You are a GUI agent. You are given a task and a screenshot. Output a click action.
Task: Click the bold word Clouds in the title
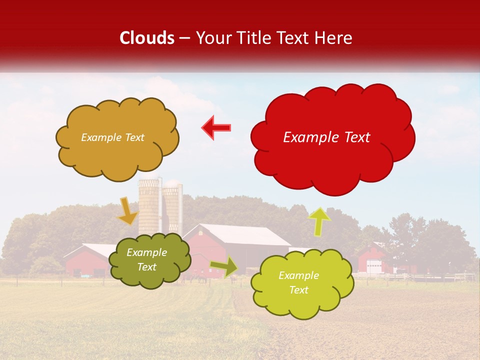(x=147, y=38)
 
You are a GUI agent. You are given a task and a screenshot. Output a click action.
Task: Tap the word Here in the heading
(x=334, y=38)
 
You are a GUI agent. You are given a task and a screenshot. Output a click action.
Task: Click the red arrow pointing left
(x=216, y=127)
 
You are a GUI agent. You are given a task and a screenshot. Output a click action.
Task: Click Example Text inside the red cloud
(x=326, y=137)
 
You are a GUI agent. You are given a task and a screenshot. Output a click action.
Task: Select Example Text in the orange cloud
(x=112, y=137)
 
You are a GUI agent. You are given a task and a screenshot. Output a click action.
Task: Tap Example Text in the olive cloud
(x=146, y=260)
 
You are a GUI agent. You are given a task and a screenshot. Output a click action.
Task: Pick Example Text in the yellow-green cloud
(x=298, y=282)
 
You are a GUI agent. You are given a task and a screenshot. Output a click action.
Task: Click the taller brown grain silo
(x=148, y=205)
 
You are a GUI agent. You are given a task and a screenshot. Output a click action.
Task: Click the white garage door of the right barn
(x=373, y=267)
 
